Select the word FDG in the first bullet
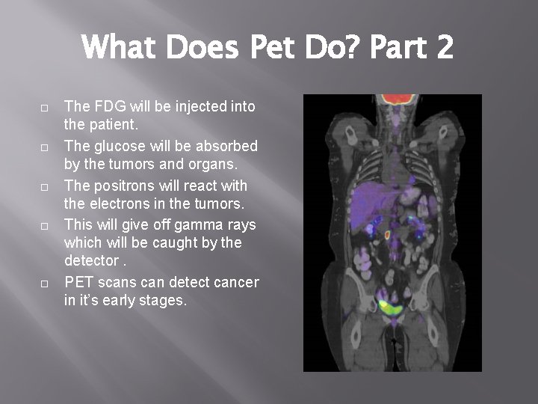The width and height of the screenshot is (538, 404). point(106,106)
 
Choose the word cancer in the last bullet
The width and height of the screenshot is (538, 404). point(235,283)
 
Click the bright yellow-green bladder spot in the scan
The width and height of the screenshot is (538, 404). point(389,306)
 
